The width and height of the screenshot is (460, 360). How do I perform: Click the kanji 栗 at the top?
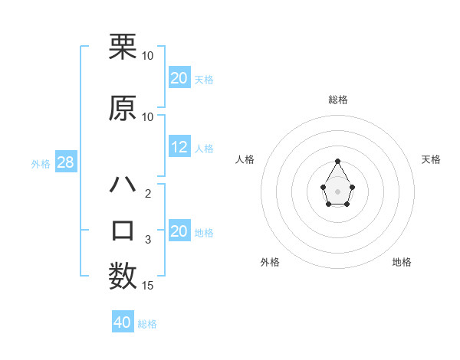123,47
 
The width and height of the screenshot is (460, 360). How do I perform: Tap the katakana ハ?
123,185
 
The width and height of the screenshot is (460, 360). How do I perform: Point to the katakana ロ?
123,231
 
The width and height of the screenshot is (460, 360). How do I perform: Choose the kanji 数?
123,277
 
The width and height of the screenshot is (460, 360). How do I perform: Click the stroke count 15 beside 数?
148,286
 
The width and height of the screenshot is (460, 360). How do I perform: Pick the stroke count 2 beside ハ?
148,194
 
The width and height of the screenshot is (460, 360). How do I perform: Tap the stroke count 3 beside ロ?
148,240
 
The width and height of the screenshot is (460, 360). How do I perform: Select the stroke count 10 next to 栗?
148,56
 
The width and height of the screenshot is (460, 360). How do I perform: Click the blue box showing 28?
64,163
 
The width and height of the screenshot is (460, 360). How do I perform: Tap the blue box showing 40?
122,323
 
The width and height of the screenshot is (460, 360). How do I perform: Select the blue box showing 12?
179,148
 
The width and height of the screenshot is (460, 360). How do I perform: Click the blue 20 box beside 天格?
179,78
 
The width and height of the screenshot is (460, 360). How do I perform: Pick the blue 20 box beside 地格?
179,232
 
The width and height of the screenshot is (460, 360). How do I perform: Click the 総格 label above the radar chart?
338,100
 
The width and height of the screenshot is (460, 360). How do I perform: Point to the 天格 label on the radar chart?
431,159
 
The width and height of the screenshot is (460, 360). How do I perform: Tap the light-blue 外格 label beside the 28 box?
41,164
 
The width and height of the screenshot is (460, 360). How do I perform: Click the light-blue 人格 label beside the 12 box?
204,149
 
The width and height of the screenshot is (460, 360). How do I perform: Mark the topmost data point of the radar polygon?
338,161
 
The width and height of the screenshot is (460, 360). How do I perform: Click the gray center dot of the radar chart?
338,190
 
